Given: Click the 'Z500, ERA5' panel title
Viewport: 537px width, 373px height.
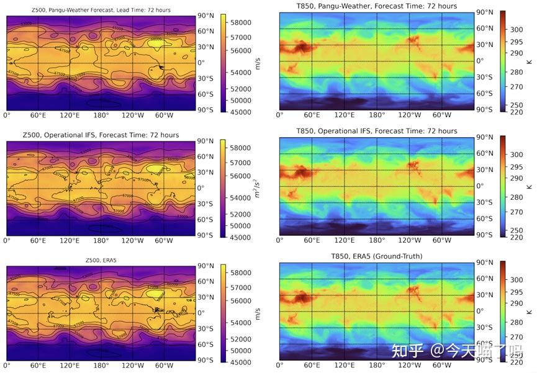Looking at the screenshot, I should click(100, 260).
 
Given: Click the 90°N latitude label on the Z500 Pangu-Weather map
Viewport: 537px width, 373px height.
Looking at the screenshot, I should click(205, 16).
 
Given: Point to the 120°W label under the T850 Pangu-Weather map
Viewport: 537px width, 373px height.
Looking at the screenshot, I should click(410, 115).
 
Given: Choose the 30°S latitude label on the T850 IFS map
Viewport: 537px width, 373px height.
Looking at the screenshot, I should click(485, 203).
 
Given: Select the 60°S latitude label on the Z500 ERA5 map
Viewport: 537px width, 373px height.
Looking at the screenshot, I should click(205, 344).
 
